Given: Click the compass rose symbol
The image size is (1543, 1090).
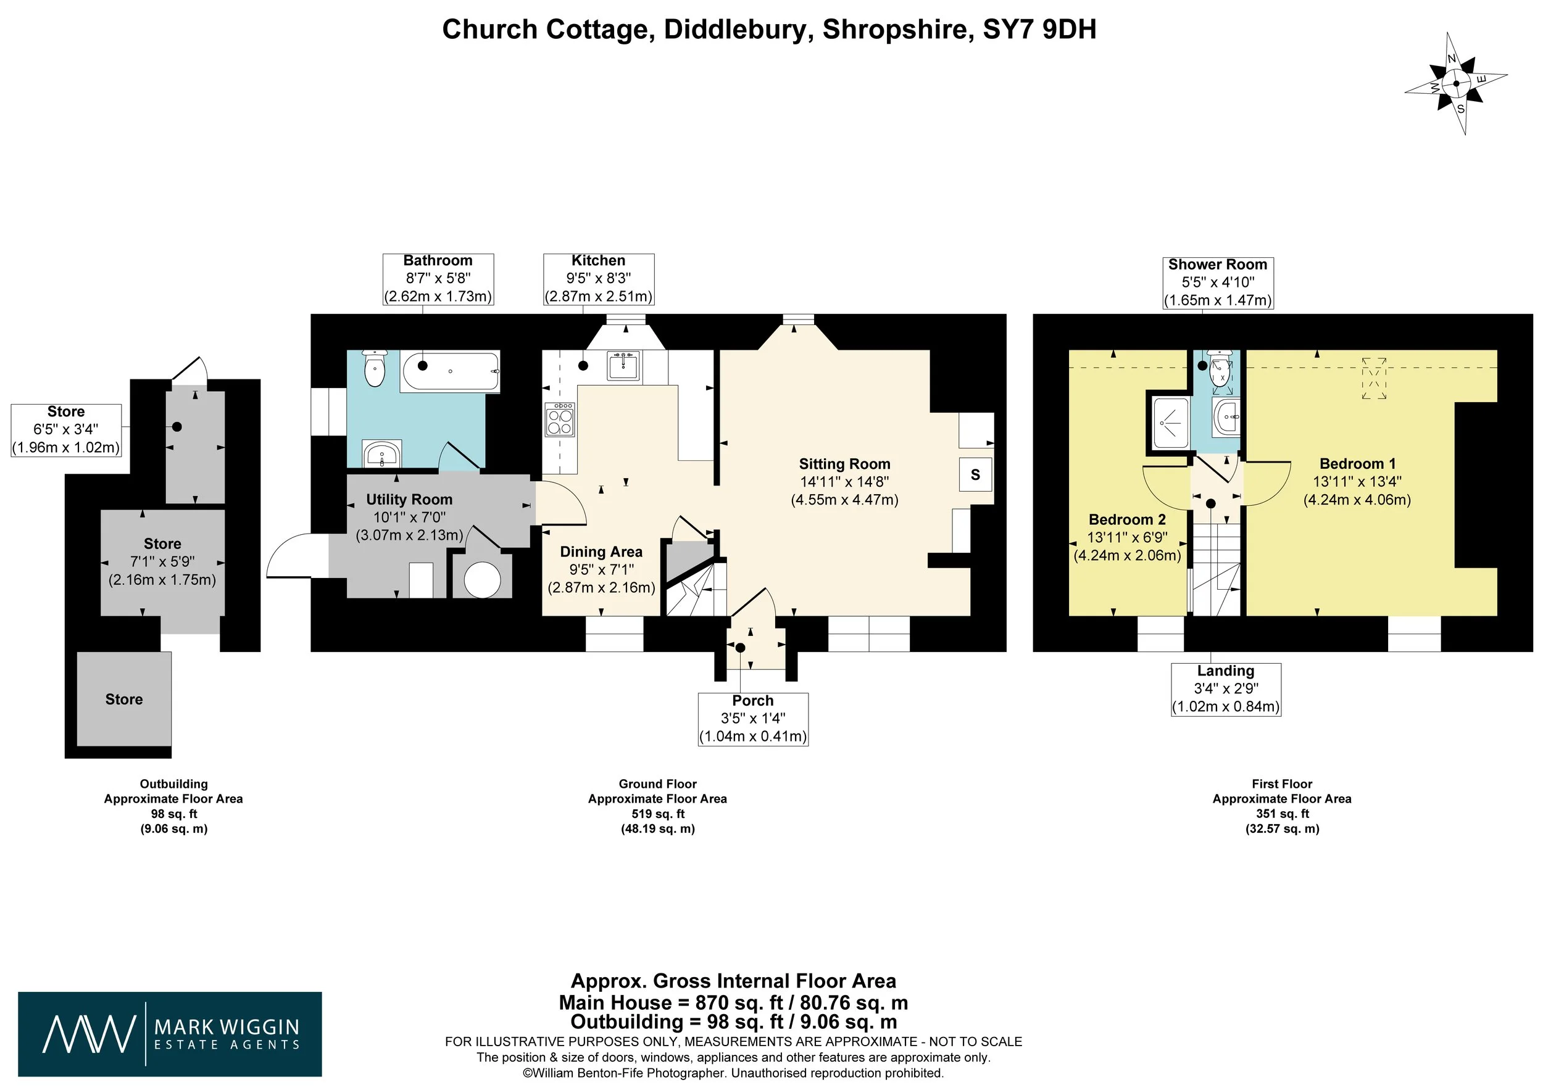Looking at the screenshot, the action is coord(1457,83).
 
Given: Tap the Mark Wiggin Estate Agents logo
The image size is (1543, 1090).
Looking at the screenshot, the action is coord(170,1034).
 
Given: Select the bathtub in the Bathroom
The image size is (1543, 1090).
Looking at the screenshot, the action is coord(451,371).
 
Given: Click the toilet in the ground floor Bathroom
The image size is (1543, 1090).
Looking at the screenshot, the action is coord(374,368).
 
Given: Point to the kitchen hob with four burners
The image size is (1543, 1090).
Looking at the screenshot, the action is coord(559,419).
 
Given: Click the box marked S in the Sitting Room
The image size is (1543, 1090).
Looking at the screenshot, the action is coord(975,475).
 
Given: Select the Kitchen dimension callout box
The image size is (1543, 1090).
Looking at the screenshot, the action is coord(599,279).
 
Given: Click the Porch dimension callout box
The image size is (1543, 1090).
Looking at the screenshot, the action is coord(754,719).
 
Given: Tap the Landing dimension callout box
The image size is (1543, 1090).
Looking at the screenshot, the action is coord(1226,690).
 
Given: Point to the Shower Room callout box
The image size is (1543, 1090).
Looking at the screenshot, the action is coord(1218,283).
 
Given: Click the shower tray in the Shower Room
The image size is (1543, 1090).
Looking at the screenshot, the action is coord(1170,423).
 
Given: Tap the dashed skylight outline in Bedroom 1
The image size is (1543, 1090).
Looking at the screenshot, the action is coord(1375,379).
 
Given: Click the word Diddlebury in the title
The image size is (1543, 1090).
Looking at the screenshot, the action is coord(734,30).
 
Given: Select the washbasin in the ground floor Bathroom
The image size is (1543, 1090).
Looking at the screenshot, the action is coord(381,455).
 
